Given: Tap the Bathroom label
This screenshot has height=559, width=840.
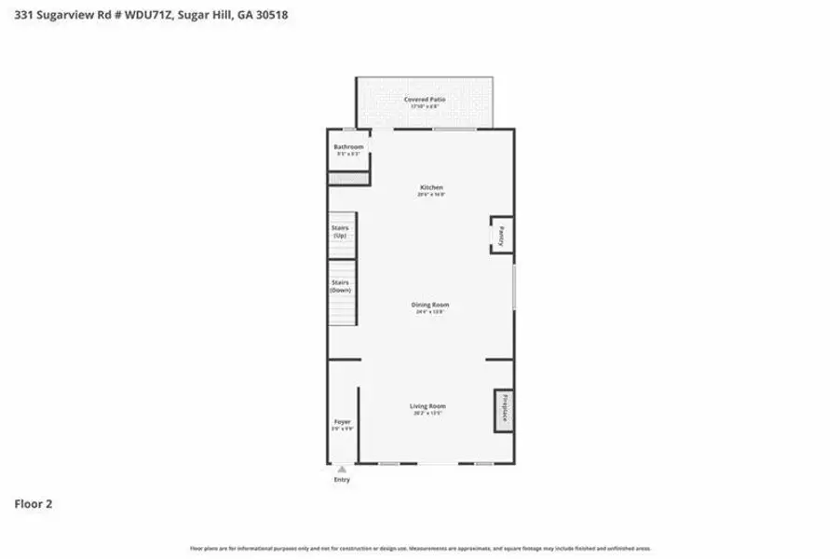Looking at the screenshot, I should pyautogui.click(x=348, y=147).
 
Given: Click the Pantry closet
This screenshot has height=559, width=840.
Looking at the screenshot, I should pyautogui.click(x=500, y=235).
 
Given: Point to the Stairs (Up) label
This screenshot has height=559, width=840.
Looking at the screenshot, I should pyautogui.click(x=340, y=232).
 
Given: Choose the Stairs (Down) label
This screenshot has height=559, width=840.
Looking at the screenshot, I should pyautogui.click(x=340, y=286).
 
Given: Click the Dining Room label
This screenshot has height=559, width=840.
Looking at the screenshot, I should pyautogui.click(x=430, y=305).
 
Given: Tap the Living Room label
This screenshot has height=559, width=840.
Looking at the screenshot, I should pyautogui.click(x=428, y=406).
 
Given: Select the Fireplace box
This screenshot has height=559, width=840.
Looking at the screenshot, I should pyautogui.click(x=504, y=410).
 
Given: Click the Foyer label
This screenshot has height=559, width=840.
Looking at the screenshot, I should pyautogui.click(x=342, y=422).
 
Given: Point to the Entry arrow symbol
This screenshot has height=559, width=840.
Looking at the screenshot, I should pyautogui.click(x=342, y=470).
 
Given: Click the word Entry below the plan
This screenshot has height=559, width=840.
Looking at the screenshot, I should pyautogui.click(x=342, y=481).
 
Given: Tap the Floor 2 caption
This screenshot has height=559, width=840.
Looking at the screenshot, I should pyautogui.click(x=33, y=504).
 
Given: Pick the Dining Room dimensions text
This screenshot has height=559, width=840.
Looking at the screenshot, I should pyautogui.click(x=430, y=312).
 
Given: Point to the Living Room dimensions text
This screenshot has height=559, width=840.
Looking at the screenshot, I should pyautogui.click(x=428, y=413).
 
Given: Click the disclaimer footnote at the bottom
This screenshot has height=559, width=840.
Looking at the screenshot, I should pyautogui.click(x=420, y=549).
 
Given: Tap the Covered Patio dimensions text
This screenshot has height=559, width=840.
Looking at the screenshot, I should pyautogui.click(x=424, y=106).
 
